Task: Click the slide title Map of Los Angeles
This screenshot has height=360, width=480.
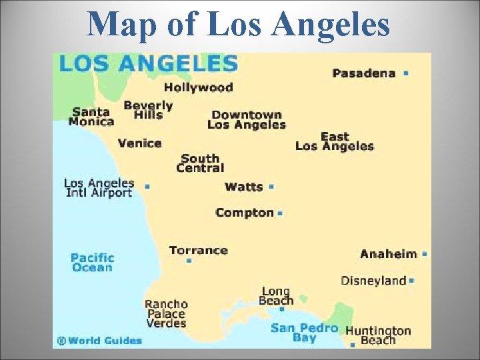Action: click(x=239, y=25)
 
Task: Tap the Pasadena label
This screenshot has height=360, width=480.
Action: click(x=363, y=73)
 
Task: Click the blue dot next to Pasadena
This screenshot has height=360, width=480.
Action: click(x=406, y=73)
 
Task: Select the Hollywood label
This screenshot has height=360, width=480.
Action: click(x=198, y=87)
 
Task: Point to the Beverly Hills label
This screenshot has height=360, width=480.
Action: click(x=148, y=110)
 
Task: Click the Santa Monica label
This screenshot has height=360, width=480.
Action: click(x=92, y=117)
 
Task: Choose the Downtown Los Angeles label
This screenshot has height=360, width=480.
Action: click(x=246, y=120)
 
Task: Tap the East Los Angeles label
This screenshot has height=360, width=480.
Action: click(x=334, y=141)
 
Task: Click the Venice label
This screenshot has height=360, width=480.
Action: click(x=139, y=143)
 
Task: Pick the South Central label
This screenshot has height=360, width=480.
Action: click(x=200, y=163)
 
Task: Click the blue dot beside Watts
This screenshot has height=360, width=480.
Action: click(x=271, y=187)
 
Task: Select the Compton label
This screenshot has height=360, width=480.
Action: click(x=245, y=213)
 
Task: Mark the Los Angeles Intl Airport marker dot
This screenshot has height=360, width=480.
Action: click(x=147, y=187)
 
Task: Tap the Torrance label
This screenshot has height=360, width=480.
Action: click(x=198, y=251)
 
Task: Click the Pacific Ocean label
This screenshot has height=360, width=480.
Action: click(x=92, y=263)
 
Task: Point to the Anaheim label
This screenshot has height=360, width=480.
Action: click(x=388, y=254)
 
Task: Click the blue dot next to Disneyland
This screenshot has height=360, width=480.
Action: click(x=412, y=281)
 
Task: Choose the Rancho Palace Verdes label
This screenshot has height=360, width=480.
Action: click(x=166, y=314)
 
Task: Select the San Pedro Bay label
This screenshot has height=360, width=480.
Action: click(x=304, y=333)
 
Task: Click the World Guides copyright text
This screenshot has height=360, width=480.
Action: click(x=100, y=341)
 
